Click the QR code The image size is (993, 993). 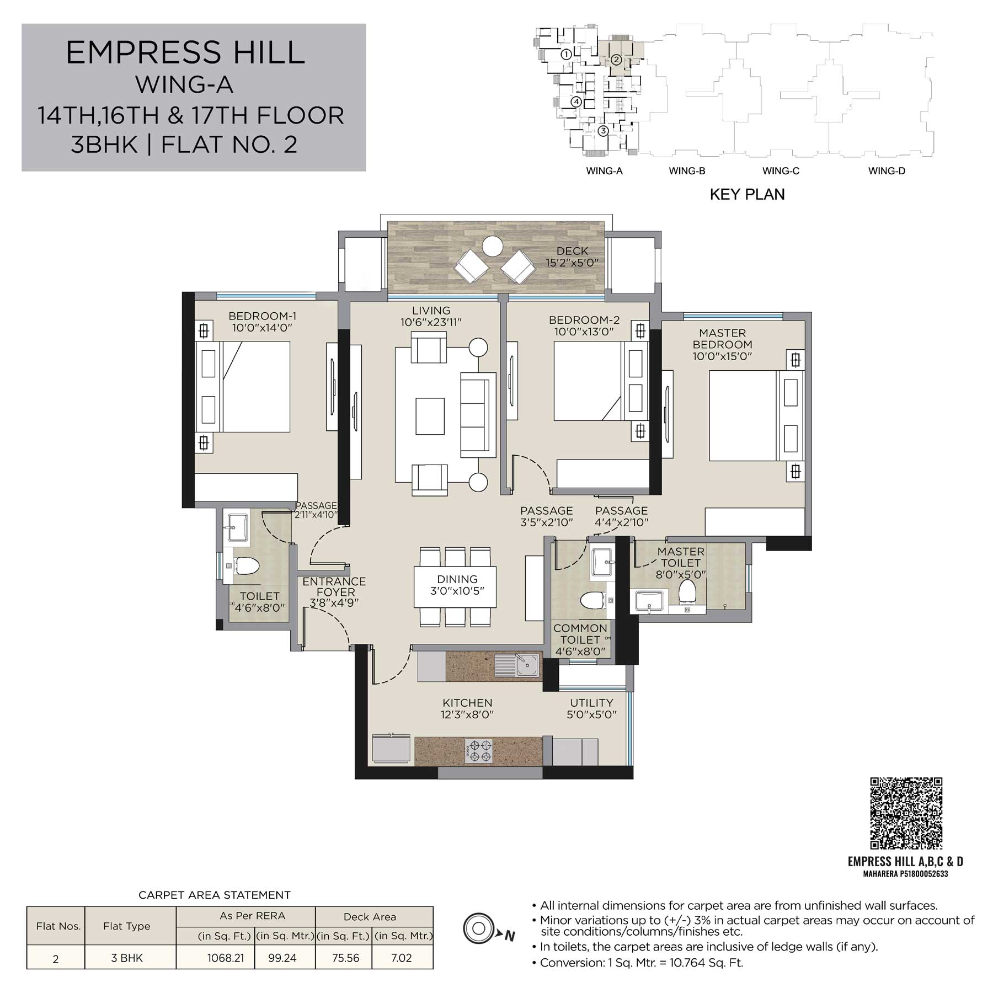click(906, 813)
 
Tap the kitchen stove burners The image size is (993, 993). click(479, 751)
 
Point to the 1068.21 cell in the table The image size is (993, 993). click(226, 958)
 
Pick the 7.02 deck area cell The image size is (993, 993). click(402, 958)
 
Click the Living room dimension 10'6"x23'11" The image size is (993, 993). click(431, 322)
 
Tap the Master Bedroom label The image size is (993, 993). click(723, 339)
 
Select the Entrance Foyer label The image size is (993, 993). click(334, 587)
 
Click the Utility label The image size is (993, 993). click(591, 703)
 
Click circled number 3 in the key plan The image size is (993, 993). click(603, 131)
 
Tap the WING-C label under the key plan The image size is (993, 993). click(781, 171)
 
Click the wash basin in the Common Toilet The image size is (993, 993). click(602, 563)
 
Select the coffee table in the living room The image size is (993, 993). click(430, 416)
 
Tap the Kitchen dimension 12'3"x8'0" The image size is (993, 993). click(467, 715)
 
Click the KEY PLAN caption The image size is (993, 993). click(747, 194)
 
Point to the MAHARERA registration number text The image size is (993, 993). click(905, 874)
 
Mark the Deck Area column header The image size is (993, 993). click(370, 917)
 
